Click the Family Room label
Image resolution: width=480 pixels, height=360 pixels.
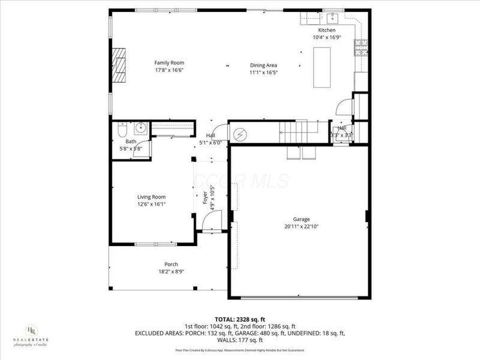169,62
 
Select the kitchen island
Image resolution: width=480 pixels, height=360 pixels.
323,65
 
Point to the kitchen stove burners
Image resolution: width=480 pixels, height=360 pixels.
361,47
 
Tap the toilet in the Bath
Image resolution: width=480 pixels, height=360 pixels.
121,130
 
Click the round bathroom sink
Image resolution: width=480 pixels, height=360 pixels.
140,127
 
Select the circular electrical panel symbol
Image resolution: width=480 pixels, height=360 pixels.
239,134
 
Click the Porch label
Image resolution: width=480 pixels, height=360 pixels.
171,264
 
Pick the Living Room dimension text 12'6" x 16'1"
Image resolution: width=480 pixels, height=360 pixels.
151,204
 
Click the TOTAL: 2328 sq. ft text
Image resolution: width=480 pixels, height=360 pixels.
240,319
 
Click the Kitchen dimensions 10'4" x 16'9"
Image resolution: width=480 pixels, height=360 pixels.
327,37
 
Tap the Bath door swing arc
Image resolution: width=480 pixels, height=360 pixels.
143,150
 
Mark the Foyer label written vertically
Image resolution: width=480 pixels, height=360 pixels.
205,197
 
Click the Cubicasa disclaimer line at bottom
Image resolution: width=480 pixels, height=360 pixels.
240,350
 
